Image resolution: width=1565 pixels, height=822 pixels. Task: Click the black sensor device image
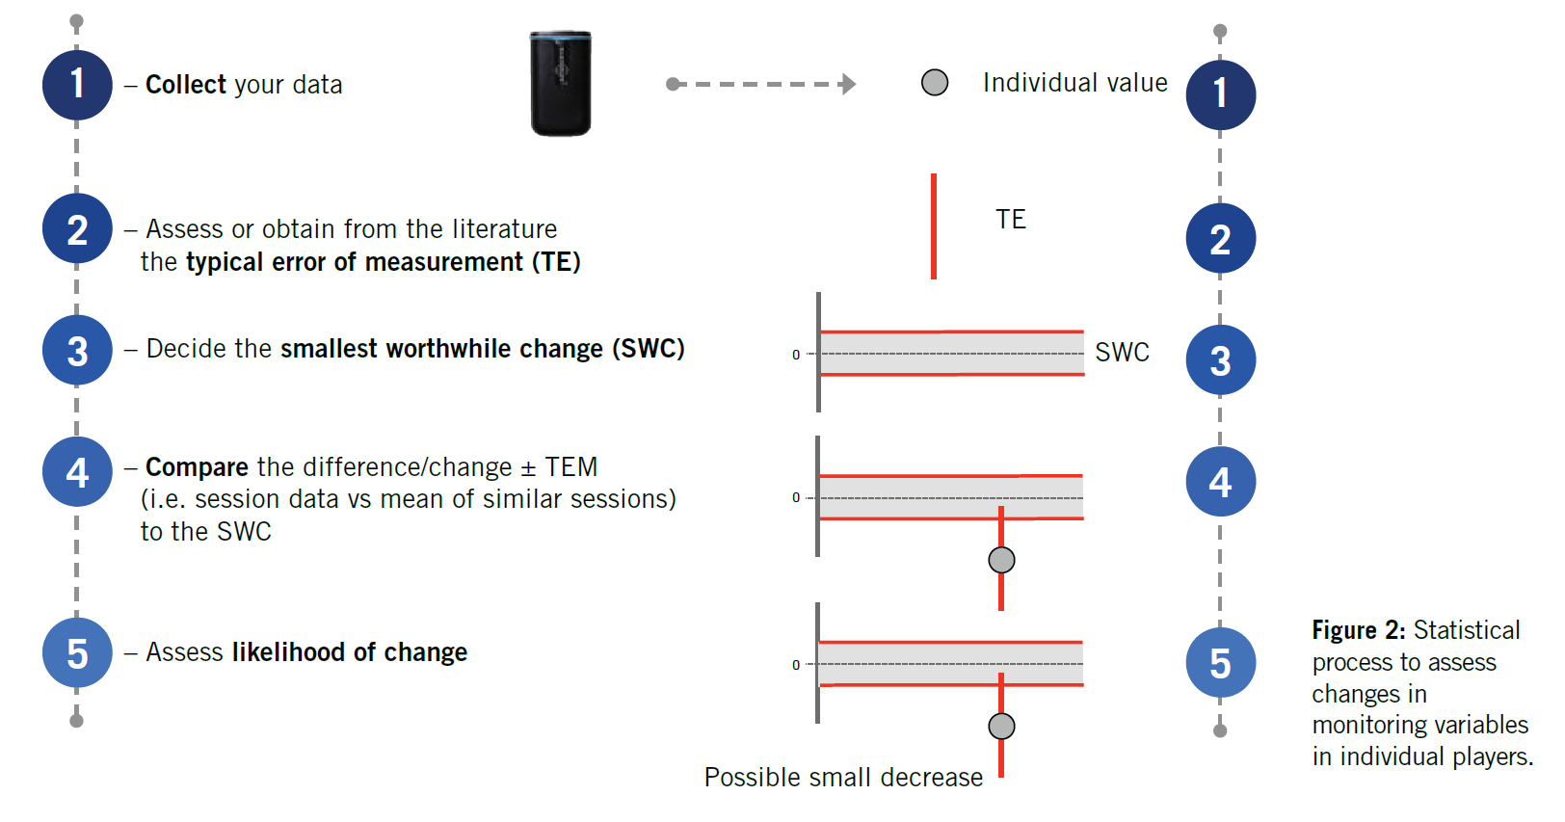pyautogui.click(x=561, y=84)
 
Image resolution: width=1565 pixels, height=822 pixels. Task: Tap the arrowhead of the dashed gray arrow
pyautogui.click(x=848, y=84)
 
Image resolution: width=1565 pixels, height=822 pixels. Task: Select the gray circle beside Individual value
pyautogui.click(x=935, y=83)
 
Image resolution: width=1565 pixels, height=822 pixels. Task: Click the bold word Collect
pyautogui.click(x=186, y=85)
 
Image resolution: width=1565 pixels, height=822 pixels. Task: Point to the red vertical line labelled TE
pyautogui.click(x=934, y=226)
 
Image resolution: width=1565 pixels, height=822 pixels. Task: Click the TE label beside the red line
pyautogui.click(x=1011, y=220)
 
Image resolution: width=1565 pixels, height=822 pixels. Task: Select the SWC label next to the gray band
pyautogui.click(x=1122, y=353)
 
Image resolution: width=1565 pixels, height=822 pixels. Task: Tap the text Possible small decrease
pyautogui.click(x=843, y=778)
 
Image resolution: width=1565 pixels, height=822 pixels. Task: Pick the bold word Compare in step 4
pyautogui.click(x=198, y=467)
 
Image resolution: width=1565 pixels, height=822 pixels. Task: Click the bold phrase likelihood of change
pyautogui.click(x=350, y=652)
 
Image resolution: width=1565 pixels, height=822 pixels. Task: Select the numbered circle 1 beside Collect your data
pyautogui.click(x=77, y=85)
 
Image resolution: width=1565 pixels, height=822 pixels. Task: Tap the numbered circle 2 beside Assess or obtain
pyautogui.click(x=77, y=229)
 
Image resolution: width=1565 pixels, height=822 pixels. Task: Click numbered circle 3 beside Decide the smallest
pyautogui.click(x=77, y=351)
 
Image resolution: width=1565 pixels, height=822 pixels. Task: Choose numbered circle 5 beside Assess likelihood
pyautogui.click(x=77, y=653)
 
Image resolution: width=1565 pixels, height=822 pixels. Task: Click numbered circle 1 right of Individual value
pyautogui.click(x=1220, y=94)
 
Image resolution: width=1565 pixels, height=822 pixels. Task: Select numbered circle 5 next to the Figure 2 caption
pyautogui.click(x=1220, y=663)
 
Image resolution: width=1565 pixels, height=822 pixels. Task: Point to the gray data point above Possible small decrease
pyautogui.click(x=1001, y=726)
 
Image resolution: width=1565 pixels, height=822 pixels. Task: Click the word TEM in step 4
pyautogui.click(x=570, y=467)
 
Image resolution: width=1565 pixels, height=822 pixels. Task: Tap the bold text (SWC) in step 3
pyautogui.click(x=648, y=349)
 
